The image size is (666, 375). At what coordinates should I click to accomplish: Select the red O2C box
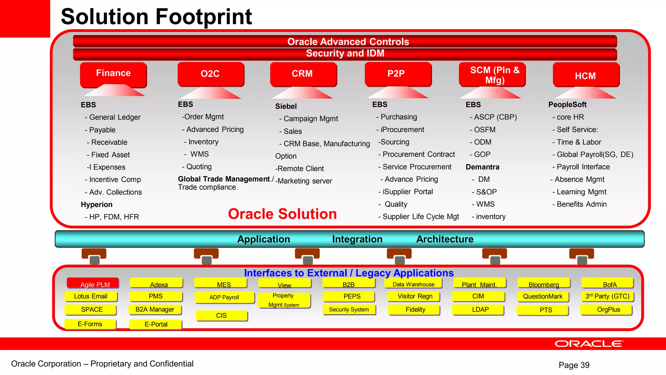point(210,74)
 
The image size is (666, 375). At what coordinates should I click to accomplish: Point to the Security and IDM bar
point(345,53)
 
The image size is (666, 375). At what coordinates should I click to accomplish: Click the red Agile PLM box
point(93,283)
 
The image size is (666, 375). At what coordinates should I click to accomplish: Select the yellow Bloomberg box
point(543,284)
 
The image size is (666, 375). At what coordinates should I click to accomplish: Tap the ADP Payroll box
point(224,297)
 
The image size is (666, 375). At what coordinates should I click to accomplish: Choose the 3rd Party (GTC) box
point(607,296)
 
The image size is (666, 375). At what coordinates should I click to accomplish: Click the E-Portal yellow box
point(156,324)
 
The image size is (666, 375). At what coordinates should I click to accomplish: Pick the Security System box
point(349,310)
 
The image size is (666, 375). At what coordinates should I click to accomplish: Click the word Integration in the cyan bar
point(357,239)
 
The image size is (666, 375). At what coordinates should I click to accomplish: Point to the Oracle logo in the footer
point(589,344)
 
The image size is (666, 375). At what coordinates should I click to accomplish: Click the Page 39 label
point(574,365)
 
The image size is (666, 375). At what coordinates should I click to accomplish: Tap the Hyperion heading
point(97,204)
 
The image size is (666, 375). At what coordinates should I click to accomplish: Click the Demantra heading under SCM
point(482,167)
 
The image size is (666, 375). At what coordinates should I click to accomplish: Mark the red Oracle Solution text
point(282,214)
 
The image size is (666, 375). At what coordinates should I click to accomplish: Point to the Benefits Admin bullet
point(581,204)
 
